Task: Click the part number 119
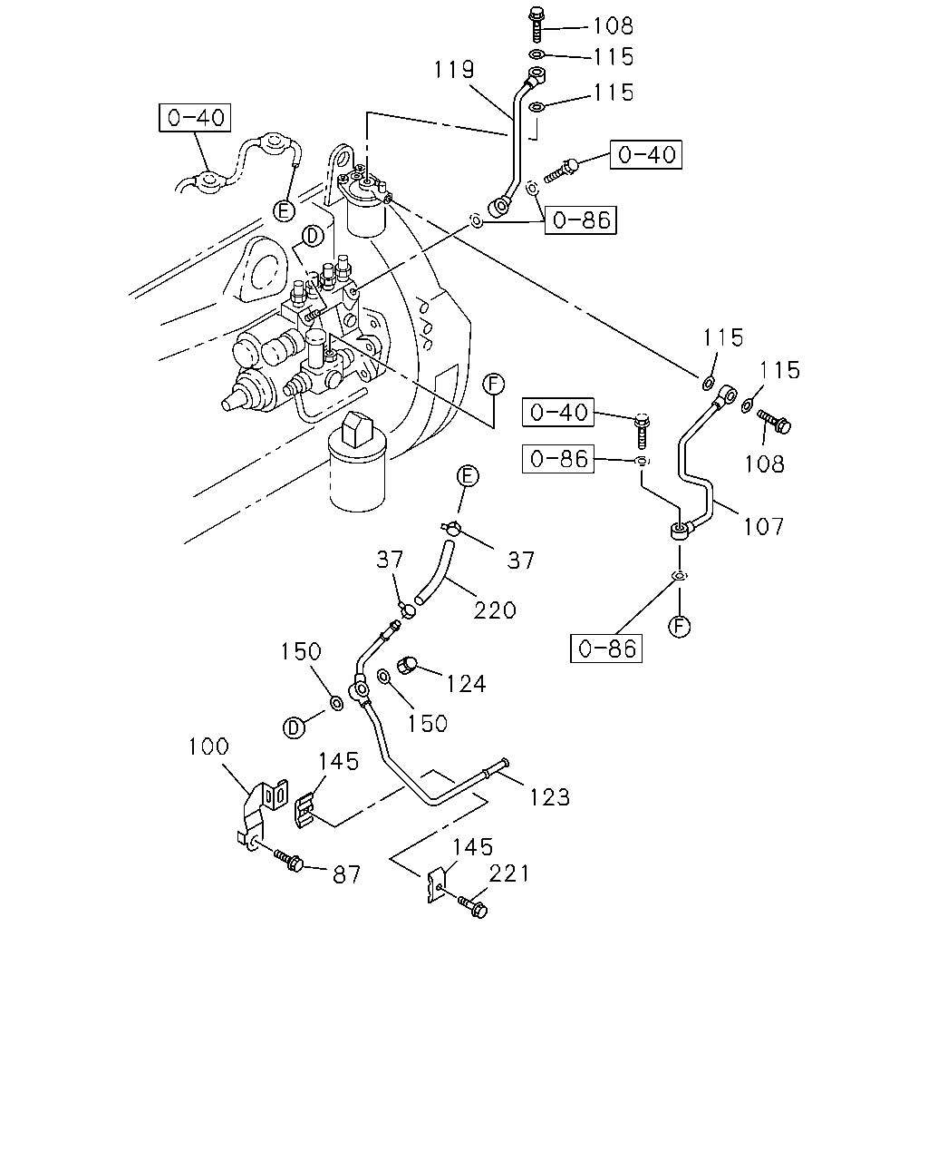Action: pyautogui.click(x=454, y=70)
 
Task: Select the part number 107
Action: pyautogui.click(x=763, y=526)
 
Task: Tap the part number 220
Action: pyautogui.click(x=495, y=610)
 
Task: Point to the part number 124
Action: pyautogui.click(x=466, y=684)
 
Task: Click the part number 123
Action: pyautogui.click(x=549, y=797)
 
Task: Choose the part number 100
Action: pyautogui.click(x=208, y=746)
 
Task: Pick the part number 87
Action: pyautogui.click(x=346, y=875)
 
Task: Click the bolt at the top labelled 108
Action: pyautogui.click(x=537, y=24)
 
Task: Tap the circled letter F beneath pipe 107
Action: pyautogui.click(x=680, y=627)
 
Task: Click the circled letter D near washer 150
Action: pyautogui.click(x=294, y=728)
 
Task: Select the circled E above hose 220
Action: pyautogui.click(x=468, y=476)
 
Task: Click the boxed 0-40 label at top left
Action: pyautogui.click(x=195, y=118)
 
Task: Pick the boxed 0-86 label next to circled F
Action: pyautogui.click(x=606, y=649)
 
